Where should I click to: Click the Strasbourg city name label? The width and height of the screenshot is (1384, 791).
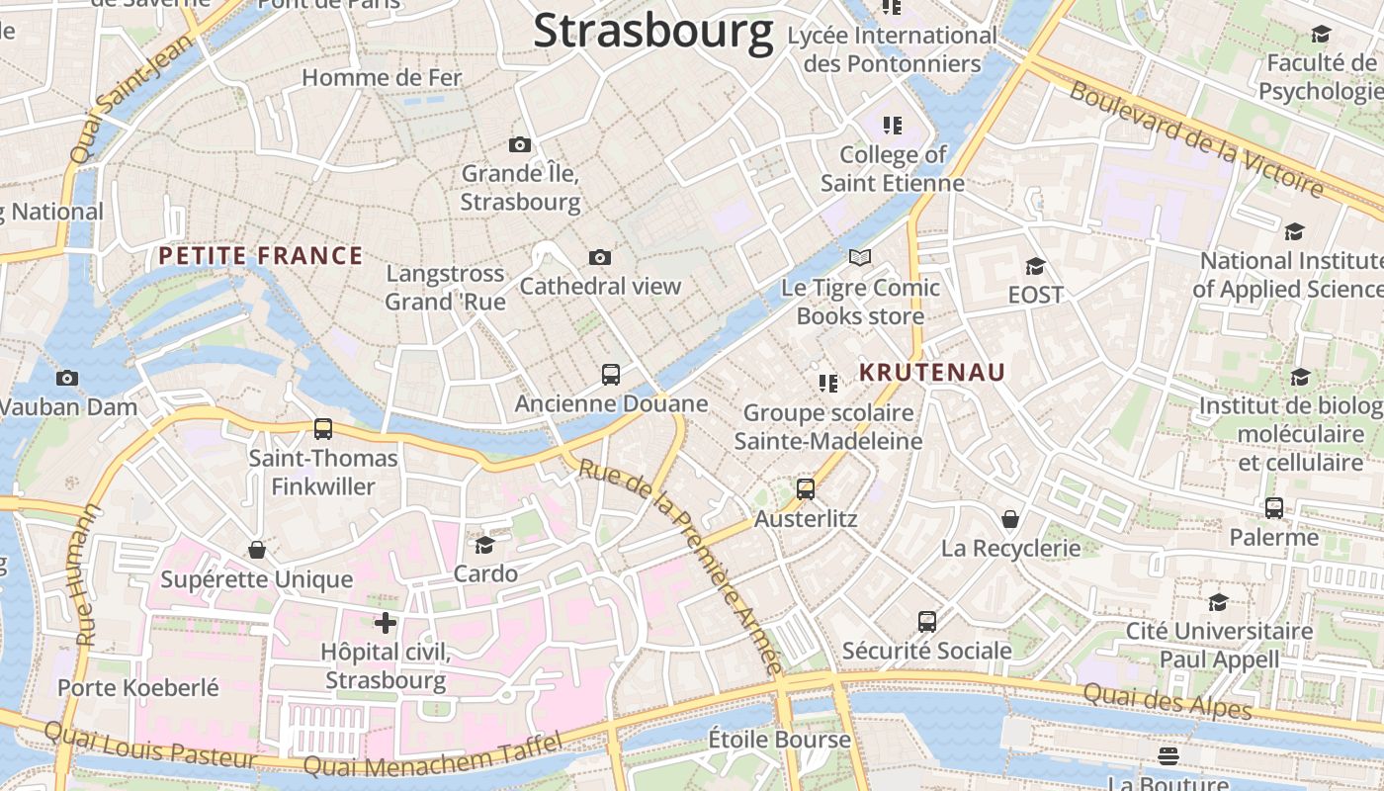pyautogui.click(x=652, y=32)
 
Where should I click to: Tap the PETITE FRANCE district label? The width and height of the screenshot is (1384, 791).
pyautogui.click(x=261, y=256)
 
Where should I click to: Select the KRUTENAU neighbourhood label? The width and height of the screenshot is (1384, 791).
pyautogui.click(x=932, y=373)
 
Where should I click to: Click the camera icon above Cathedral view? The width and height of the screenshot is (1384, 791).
pyautogui.click(x=600, y=258)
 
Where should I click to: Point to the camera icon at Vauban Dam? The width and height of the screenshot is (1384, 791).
pyautogui.click(x=67, y=378)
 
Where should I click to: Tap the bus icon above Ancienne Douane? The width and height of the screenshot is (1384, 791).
pyautogui.click(x=611, y=375)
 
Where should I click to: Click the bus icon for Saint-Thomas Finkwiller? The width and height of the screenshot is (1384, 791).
pyautogui.click(x=323, y=429)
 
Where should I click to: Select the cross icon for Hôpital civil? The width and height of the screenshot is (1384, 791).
pyautogui.click(x=386, y=623)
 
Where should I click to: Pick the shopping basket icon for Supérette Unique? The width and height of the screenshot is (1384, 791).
pyautogui.click(x=257, y=550)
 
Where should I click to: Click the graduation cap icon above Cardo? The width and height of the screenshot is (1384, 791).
pyautogui.click(x=484, y=545)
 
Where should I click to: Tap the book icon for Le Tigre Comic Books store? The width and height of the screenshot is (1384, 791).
pyautogui.click(x=860, y=258)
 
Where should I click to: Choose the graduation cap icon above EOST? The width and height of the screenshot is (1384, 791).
pyautogui.click(x=1035, y=266)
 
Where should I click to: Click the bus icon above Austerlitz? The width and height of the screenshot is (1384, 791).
pyautogui.click(x=806, y=489)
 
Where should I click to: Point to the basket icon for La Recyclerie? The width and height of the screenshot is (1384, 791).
pyautogui.click(x=1010, y=519)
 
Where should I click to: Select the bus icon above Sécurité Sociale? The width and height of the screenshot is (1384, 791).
pyautogui.click(x=926, y=622)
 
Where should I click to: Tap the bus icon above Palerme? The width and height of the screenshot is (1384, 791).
pyautogui.click(x=1274, y=508)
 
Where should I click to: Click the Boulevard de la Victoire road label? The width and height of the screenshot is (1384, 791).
pyautogui.click(x=1196, y=138)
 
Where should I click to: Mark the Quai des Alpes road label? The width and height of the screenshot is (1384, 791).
pyautogui.click(x=1168, y=701)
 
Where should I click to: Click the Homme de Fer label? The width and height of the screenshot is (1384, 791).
pyautogui.click(x=382, y=77)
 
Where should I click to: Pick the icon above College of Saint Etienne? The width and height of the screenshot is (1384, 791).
pyautogui.click(x=893, y=126)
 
